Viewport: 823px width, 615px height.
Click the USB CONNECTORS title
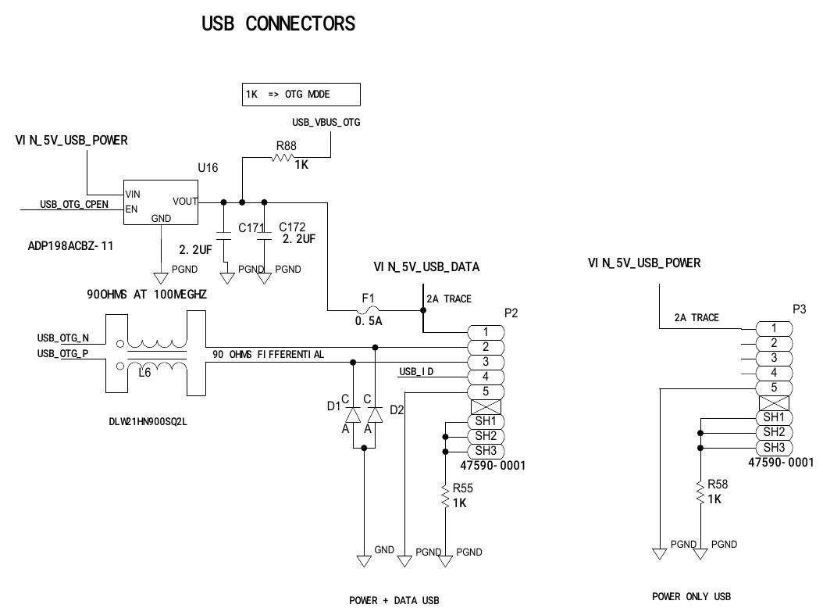278,24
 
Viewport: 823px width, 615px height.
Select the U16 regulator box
161,202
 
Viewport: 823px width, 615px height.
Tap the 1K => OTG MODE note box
301,95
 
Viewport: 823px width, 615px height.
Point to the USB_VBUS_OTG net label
326,123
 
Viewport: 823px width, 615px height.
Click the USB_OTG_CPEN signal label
74,206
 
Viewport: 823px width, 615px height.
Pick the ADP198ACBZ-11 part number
70,245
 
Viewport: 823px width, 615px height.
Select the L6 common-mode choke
156,354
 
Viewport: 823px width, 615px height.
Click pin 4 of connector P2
486,377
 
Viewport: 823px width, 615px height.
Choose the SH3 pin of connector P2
486,451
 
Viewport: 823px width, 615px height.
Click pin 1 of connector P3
773,328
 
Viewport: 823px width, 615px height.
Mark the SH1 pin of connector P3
774,417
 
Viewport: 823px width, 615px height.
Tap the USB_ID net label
416,370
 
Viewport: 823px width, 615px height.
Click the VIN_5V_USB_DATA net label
426,267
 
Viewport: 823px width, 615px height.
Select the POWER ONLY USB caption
691,597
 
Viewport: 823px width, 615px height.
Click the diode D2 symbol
376,415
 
